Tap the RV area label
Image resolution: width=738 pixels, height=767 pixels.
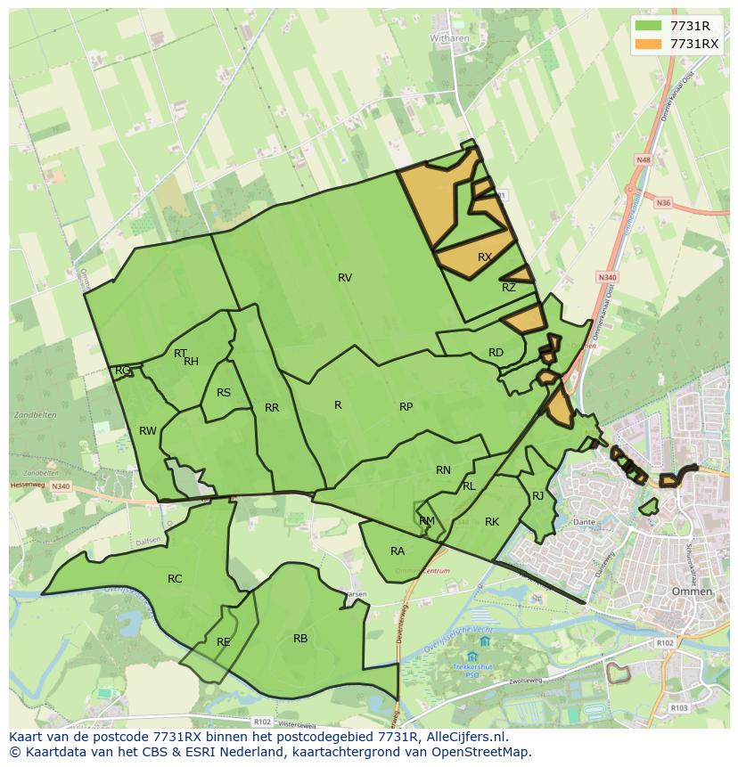(345, 278)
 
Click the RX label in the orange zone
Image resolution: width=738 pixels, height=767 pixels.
(485, 257)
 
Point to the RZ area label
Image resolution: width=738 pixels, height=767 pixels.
(509, 288)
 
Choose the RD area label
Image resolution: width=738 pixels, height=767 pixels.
(496, 353)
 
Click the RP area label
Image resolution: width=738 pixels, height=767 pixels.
(406, 407)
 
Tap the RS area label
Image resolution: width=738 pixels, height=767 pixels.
(224, 393)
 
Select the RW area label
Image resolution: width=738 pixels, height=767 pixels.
(148, 431)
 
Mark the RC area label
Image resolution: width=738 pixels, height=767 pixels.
(175, 579)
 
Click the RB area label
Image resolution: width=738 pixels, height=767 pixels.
(300, 639)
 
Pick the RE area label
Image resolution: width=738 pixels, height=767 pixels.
(224, 642)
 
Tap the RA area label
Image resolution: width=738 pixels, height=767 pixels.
(398, 551)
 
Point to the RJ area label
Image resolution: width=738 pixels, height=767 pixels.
(538, 496)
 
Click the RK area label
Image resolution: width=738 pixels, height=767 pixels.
(492, 522)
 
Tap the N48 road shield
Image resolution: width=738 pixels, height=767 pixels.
(644, 160)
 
